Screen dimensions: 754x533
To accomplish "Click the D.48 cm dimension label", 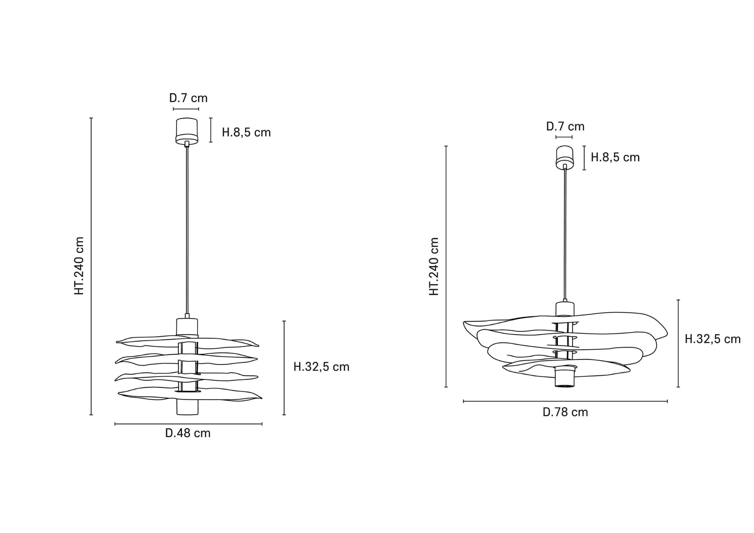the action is (188, 433).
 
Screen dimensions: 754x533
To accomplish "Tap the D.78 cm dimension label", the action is (565, 412).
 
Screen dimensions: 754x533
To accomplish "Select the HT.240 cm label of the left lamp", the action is (79, 266).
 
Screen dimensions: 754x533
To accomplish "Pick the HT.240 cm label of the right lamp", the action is (434, 266).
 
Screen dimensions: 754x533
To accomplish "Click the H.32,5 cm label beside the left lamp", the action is (321, 367).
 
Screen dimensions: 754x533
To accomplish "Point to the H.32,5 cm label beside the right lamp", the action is (713, 339).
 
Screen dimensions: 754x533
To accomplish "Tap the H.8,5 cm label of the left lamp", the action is (246, 132).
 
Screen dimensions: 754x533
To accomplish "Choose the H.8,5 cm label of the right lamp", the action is (615, 157).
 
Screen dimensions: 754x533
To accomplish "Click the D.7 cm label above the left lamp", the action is (188, 98).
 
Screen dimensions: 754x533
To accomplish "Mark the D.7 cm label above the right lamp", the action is (565, 126).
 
